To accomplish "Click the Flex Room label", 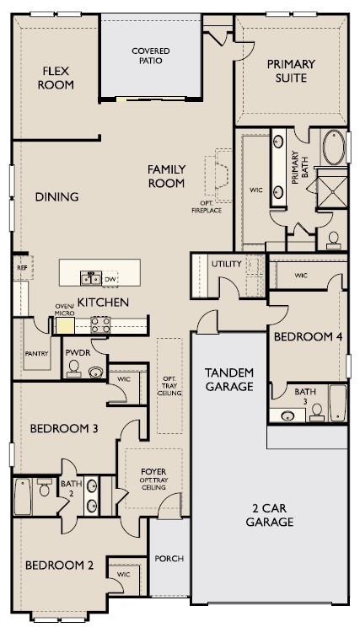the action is click(x=56, y=78).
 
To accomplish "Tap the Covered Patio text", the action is click(x=151, y=56).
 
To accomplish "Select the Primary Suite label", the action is click(x=291, y=71).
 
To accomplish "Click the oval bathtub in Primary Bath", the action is click(x=334, y=147).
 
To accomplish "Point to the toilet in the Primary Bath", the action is click(x=333, y=240).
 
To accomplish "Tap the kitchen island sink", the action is click(x=91, y=278).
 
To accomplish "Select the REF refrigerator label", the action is click(x=22, y=268).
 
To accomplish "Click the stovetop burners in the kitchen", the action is click(x=100, y=324).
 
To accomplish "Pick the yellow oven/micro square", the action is click(x=65, y=325).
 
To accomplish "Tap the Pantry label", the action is click(x=36, y=353).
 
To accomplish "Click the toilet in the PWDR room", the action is click(x=73, y=368).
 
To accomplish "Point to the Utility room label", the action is click(x=227, y=264).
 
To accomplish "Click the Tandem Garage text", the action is click(x=229, y=379).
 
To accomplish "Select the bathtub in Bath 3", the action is click(x=337, y=403).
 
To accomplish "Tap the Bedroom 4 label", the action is click(x=308, y=336).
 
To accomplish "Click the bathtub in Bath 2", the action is click(x=23, y=496).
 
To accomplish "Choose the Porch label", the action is click(x=169, y=558).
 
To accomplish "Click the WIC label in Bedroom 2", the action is click(x=123, y=574).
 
